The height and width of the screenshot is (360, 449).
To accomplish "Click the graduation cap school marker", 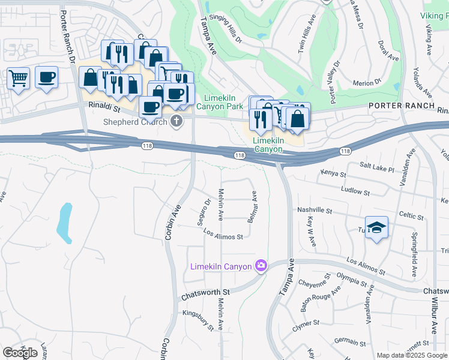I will tap(376, 227).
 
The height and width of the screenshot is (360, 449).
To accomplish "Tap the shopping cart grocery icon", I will tap(18, 77).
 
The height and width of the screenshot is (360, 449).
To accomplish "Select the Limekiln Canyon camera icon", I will tap(261, 265).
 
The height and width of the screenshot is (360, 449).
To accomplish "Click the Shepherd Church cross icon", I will tap(176, 122).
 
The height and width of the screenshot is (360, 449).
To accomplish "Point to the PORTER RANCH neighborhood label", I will tap(402, 106).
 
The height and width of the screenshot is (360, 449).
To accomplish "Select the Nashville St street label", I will tap(315, 211).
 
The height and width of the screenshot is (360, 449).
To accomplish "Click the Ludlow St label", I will tap(355, 192).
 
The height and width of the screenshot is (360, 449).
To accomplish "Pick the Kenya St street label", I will tap(333, 174).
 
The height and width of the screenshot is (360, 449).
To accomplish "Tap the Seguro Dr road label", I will tap(203, 212).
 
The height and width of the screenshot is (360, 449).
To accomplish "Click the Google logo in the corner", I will tap(20, 353).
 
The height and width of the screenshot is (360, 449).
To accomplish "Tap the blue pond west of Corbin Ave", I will tap(64, 222).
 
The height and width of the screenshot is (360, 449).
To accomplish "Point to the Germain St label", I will tap(350, 341).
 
